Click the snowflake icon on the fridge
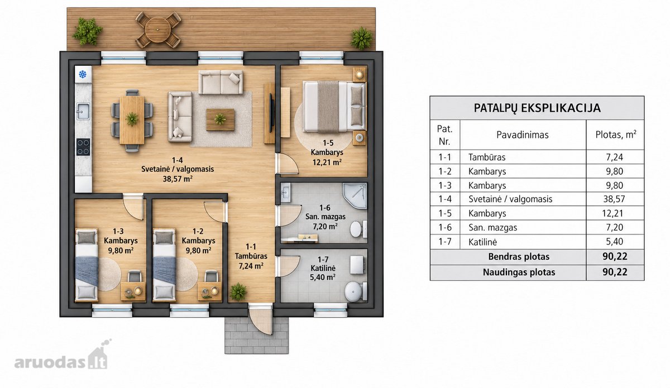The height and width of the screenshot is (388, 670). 83,74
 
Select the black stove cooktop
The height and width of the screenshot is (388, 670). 83,147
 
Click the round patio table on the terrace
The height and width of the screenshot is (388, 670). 158,30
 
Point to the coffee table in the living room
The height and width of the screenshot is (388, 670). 220,119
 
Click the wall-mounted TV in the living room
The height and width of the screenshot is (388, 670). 271,113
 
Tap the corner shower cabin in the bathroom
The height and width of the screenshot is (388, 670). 355,196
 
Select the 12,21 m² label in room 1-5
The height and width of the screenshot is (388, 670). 327,162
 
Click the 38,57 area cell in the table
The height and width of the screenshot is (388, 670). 614,199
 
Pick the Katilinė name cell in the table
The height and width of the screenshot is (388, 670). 482,242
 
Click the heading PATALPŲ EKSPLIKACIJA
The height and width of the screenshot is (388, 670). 537,108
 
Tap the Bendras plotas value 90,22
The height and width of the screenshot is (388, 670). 615,256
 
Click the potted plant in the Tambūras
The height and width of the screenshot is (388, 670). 238,291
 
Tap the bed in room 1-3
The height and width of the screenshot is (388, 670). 87,265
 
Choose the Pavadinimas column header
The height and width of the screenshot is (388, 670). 523,135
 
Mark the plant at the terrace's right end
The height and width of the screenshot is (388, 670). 362,39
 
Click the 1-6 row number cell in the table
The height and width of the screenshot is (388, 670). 445,227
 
